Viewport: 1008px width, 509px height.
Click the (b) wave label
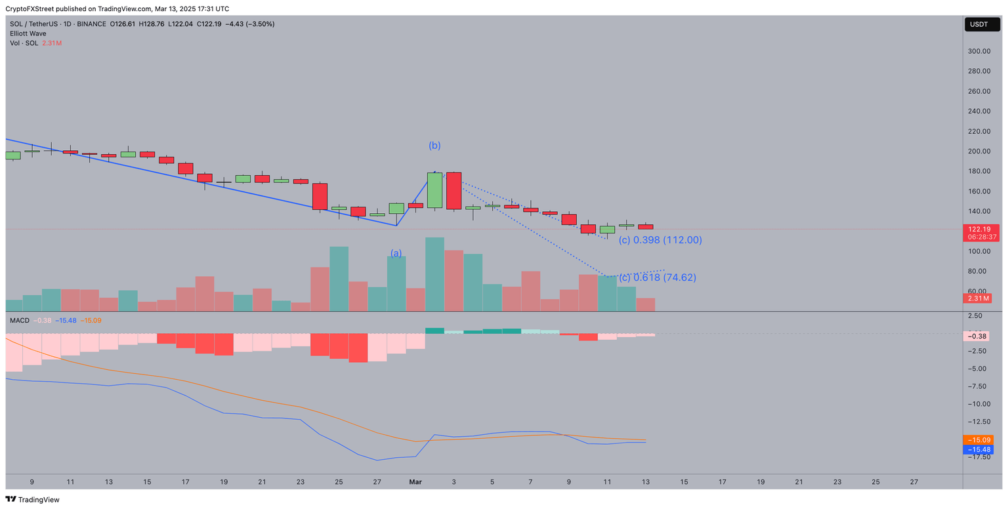[x=434, y=145]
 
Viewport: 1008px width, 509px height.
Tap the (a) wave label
[x=396, y=253]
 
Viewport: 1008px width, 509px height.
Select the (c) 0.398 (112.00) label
[x=660, y=240]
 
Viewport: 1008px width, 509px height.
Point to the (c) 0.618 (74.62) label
[x=658, y=277]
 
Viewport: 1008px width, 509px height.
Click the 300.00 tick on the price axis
[x=979, y=51]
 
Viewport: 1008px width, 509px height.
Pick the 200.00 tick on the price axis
[x=979, y=152]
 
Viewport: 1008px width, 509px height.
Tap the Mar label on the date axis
[x=415, y=481]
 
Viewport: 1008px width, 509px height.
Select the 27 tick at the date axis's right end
[x=913, y=481]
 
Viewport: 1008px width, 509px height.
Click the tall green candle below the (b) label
[x=434, y=190]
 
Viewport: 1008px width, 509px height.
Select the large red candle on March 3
[x=453, y=191]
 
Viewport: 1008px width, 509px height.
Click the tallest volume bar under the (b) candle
[x=434, y=274]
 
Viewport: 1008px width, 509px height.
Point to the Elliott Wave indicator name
[x=28, y=33]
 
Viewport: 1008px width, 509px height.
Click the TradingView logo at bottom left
[x=32, y=499]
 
